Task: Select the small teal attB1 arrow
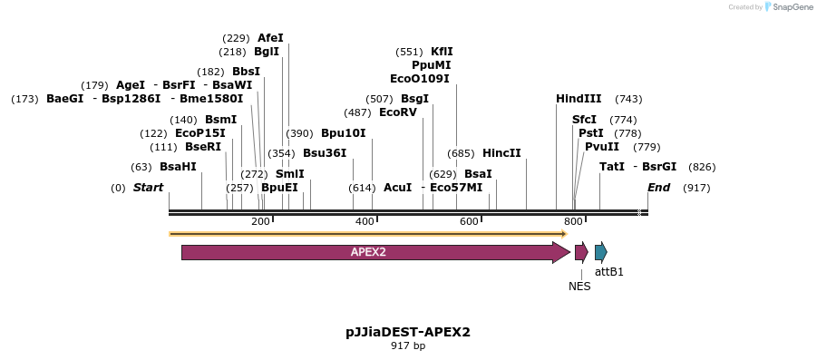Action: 600,252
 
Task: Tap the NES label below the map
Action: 579,287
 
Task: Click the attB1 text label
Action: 609,271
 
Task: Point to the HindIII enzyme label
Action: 579,99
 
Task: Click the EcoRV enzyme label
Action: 398,112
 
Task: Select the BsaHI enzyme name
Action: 178,167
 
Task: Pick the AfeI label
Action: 270,38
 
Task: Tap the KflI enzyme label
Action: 442,52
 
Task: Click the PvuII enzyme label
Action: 602,147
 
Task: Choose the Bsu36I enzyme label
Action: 325,153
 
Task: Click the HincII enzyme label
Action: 501,153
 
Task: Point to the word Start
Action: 148,188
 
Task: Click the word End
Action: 658,188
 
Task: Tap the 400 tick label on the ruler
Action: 365,222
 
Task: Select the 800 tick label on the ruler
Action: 573,222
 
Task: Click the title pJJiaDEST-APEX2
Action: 408,332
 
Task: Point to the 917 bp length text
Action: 408,346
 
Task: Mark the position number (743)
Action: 628,99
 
